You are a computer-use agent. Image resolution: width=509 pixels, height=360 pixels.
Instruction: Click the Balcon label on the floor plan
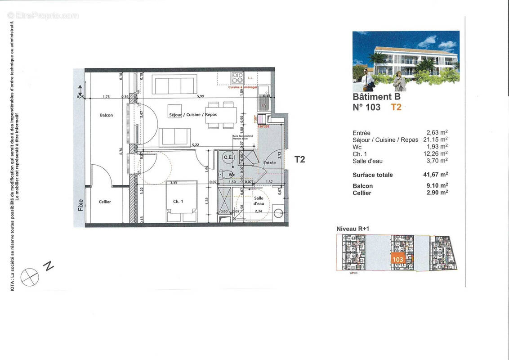[106, 115]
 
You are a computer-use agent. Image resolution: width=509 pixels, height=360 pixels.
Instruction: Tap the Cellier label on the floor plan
[105, 202]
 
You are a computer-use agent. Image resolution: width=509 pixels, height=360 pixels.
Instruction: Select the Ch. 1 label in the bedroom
[178, 201]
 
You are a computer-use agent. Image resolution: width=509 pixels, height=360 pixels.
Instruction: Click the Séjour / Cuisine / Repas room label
[192, 115]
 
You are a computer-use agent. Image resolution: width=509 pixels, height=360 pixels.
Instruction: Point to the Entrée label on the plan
[269, 163]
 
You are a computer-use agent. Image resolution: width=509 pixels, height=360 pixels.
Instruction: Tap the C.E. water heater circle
[228, 157]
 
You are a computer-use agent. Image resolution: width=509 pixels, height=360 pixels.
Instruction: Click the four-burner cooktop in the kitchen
[237, 77]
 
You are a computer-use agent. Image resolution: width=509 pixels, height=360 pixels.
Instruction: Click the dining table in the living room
[221, 115]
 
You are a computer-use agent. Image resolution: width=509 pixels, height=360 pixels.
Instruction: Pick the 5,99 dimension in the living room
[200, 96]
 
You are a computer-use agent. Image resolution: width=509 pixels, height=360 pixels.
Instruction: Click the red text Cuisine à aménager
[243, 87]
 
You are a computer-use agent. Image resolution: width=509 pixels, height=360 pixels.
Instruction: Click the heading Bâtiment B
[376, 96]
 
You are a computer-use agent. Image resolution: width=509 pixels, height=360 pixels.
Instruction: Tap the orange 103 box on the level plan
[397, 260]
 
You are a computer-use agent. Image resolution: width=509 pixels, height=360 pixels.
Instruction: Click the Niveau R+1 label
[353, 229]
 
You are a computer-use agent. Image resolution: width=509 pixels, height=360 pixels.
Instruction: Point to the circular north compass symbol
[30, 277]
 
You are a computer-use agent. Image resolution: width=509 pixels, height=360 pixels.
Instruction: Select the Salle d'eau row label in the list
[368, 161]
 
